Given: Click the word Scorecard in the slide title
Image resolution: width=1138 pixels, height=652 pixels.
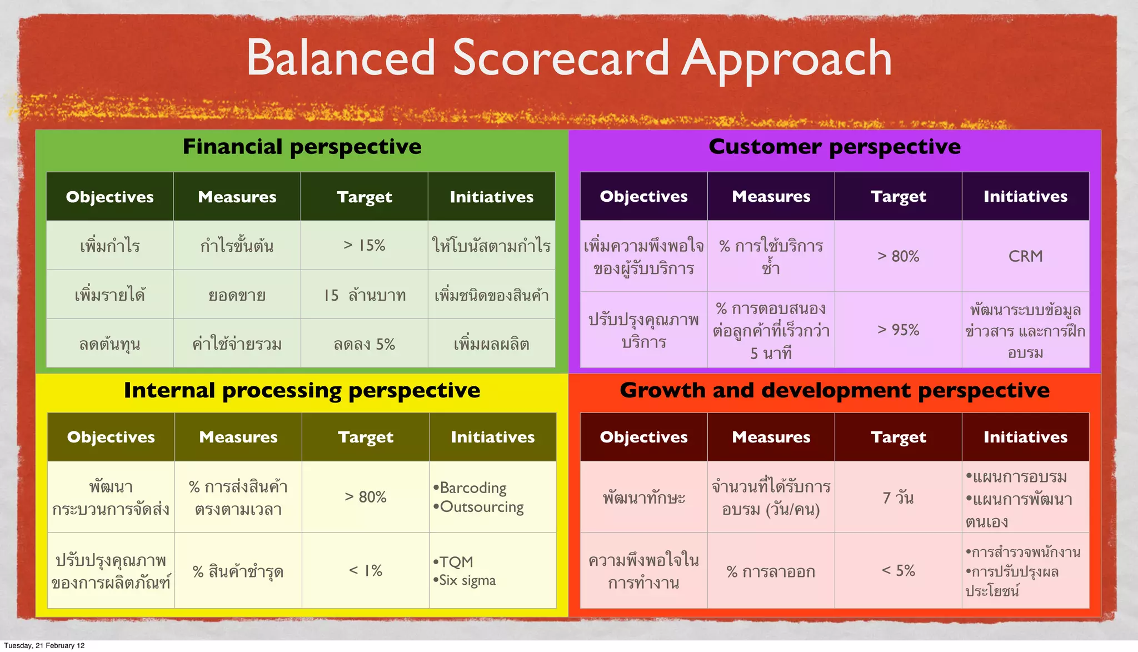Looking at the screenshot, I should [561, 58].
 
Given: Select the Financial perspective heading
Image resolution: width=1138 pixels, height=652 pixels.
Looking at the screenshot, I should [302, 147].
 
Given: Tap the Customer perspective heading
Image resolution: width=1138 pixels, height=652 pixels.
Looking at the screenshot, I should [834, 147].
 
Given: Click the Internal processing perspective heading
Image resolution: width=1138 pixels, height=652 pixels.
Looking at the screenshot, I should [302, 390].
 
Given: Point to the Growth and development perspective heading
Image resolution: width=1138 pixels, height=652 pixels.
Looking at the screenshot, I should [834, 390].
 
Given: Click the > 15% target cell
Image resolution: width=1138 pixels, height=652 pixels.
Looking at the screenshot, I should [365, 245].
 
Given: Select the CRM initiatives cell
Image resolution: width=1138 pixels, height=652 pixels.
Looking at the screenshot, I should [1025, 256].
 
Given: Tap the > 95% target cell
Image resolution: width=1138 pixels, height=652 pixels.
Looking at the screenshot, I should [898, 330].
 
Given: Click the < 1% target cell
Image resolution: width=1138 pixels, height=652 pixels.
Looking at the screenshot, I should [366, 570].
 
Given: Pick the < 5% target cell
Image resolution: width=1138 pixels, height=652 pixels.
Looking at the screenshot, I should [898, 570].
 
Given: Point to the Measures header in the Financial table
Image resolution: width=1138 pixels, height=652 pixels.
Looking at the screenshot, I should [237, 197].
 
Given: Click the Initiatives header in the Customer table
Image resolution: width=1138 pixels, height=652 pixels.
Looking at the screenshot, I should [1025, 196].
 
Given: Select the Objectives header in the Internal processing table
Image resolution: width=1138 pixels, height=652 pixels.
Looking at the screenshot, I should [111, 437].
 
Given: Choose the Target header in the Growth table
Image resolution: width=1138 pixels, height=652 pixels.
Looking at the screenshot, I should [898, 437].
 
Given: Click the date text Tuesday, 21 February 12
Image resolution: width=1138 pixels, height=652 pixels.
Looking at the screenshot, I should [44, 645].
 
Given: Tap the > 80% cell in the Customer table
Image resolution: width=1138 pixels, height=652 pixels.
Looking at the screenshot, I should [898, 256].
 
